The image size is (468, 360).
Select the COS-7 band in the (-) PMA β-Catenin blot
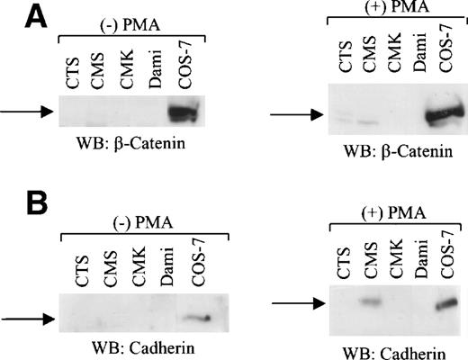(187, 112)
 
